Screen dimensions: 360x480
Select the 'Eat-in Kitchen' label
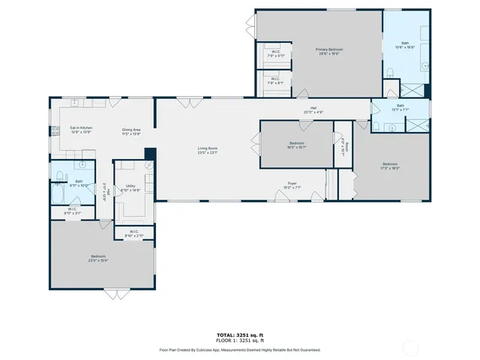(80, 129)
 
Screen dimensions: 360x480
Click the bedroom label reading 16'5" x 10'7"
(297, 147)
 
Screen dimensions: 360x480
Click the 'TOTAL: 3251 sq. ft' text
(239, 334)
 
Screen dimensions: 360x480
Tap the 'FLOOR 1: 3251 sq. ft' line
(239, 340)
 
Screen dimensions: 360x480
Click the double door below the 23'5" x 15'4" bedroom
(117, 292)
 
